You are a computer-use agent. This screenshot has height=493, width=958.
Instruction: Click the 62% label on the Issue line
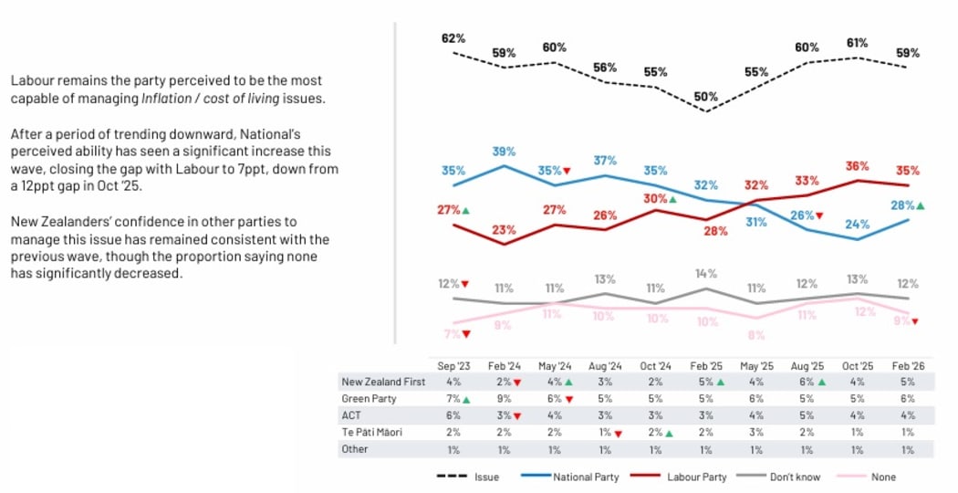[453, 38]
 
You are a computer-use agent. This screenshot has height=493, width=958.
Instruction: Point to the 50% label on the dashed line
[705, 96]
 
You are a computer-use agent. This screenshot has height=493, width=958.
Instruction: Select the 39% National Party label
[505, 152]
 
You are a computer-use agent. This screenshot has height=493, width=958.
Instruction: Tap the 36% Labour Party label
[857, 166]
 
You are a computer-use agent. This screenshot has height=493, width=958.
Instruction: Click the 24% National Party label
[857, 224]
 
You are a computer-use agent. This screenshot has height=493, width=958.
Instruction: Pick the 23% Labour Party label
[505, 231]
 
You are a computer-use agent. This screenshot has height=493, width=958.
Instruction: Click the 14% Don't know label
[706, 273]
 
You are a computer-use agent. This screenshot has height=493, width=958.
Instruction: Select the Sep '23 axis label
[453, 365]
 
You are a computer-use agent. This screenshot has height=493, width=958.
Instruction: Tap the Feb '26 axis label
[907, 365]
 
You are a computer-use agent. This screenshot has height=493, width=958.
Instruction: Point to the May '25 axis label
[756, 365]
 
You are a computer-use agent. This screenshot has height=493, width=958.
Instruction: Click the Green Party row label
[368, 398]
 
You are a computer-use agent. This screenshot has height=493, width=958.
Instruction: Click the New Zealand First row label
[382, 382]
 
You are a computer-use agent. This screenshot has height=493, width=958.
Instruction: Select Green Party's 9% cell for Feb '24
[505, 398]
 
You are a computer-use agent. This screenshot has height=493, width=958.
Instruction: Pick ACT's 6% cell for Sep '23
[453, 415]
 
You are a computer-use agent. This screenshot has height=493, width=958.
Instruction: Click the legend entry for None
[883, 477]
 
